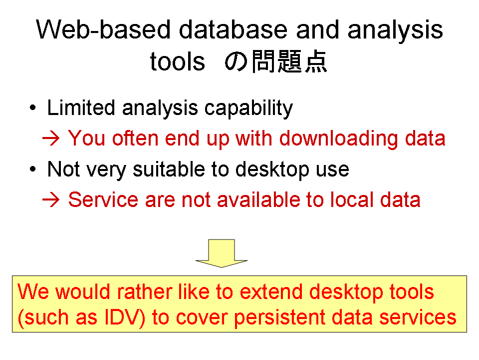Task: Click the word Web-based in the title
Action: click(103, 29)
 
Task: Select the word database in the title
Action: click(233, 29)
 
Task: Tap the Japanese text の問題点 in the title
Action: click(276, 61)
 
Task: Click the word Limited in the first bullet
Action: click(81, 108)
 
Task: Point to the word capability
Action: click(248, 108)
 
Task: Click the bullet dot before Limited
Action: click(33, 108)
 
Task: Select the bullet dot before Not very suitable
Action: click(33, 169)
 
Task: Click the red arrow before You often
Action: click(51, 138)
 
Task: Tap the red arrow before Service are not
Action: click(51, 200)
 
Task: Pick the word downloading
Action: click(338, 139)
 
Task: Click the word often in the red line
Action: click(135, 138)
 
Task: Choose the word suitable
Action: click(169, 169)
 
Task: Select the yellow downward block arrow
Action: click(222, 253)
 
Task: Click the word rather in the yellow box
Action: click(145, 291)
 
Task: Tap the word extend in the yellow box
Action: click(271, 291)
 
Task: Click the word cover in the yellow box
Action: click(202, 318)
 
